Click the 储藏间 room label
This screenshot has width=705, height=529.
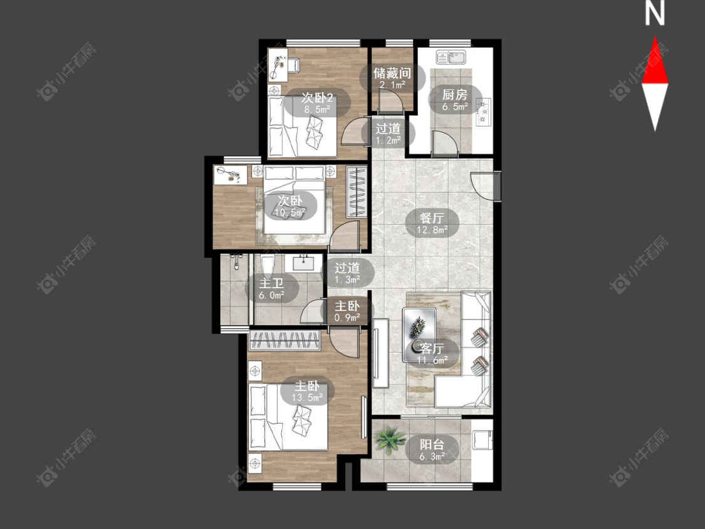[392, 73]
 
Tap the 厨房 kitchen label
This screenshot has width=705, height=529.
[454, 95]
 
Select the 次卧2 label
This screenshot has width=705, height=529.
[318, 98]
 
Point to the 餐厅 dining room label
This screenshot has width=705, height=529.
[432, 218]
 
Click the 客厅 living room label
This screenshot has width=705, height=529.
[432, 348]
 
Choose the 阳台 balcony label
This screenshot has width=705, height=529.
[432, 445]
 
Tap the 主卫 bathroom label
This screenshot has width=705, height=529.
[271, 283]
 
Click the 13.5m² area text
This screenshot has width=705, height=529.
[307, 397]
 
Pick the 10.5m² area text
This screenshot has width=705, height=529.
[290, 212]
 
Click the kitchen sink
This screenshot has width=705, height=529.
[451, 58]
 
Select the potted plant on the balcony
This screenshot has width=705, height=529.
[389, 439]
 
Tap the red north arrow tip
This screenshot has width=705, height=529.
[655, 38]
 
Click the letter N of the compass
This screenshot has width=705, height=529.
[655, 14]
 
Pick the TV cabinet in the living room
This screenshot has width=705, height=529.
[380, 353]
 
